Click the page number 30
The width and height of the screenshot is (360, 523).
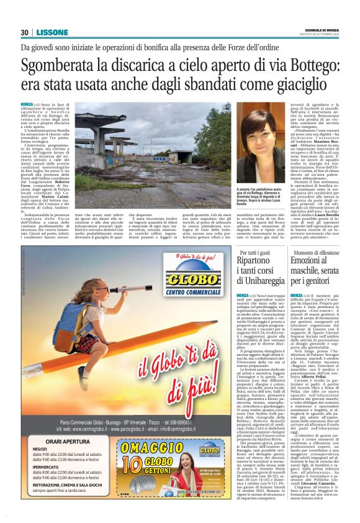[24, 32]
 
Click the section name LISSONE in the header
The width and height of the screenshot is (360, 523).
[47, 32]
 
